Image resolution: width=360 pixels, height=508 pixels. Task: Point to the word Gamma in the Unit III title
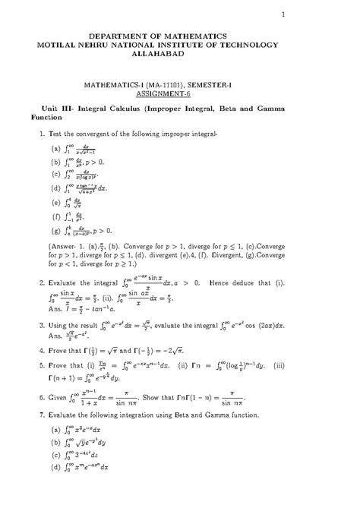[312, 109]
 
